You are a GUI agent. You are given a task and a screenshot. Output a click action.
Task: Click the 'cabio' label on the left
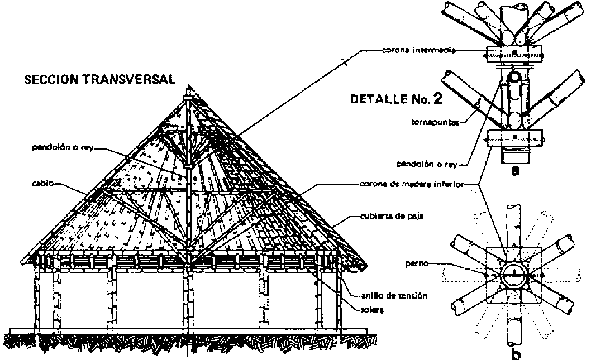42,182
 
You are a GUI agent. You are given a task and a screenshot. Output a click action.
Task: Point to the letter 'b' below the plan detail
516,353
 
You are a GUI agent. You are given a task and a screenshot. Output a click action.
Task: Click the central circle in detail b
514,274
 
